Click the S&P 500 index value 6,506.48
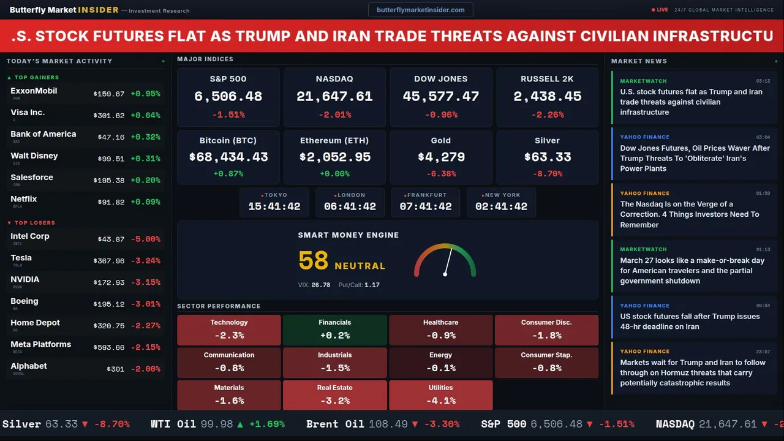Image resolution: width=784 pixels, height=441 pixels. click(228, 97)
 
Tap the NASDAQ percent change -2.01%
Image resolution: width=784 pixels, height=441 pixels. click(334, 115)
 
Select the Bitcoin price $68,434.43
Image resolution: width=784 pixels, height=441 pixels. click(228, 157)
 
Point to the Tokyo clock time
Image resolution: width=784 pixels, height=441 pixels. click(274, 206)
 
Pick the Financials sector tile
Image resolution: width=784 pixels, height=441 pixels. click(334, 330)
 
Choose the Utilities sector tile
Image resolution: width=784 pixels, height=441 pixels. click(440, 395)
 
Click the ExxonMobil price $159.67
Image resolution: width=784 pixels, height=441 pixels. click(109, 94)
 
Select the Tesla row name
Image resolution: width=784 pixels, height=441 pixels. click(21, 258)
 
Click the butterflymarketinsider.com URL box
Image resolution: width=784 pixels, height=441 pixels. click(420, 10)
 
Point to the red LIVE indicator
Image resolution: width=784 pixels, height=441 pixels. click(660, 10)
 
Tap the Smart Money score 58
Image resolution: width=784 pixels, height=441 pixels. click(314, 261)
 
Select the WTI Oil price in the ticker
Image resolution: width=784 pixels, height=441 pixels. click(217, 424)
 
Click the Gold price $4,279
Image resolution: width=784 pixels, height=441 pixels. click(440, 157)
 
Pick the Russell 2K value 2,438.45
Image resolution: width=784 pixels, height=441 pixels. click(547, 97)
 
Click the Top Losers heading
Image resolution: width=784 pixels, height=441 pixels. click(34, 223)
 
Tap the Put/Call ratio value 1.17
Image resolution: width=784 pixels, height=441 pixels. click(372, 285)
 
